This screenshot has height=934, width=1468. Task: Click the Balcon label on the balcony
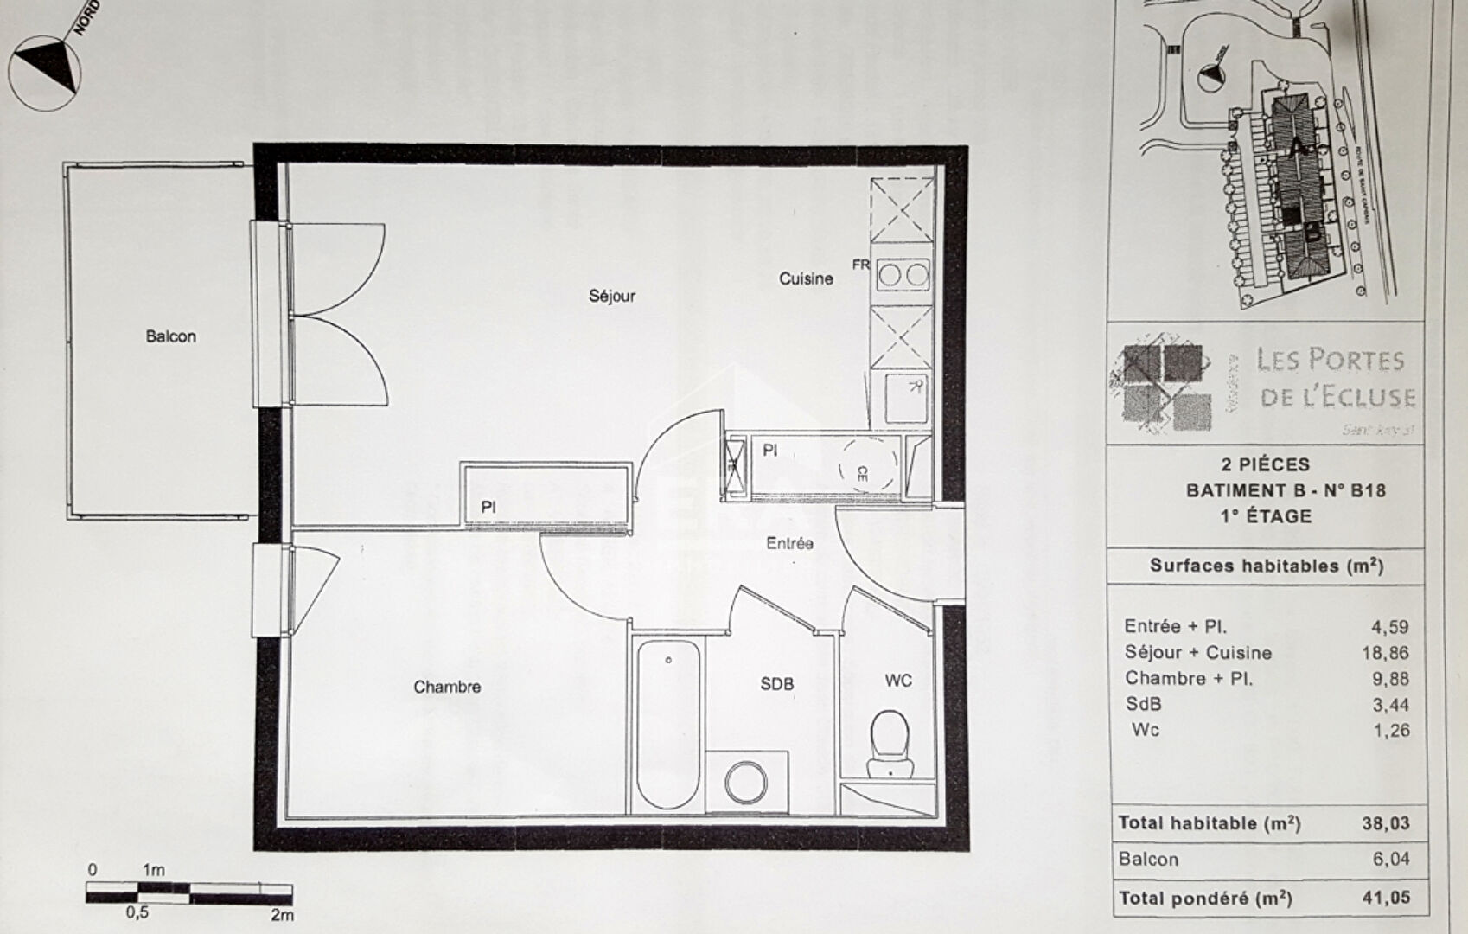[170, 336]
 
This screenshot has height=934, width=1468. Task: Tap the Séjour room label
[612, 296]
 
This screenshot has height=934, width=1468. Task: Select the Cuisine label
[806, 278]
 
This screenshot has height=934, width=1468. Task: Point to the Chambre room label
[447, 687]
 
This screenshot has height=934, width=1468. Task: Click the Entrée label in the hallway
[789, 543]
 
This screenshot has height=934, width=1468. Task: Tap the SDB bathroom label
[776, 684]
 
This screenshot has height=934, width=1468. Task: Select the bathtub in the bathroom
[668, 725]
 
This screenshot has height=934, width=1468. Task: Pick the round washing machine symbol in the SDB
[746, 783]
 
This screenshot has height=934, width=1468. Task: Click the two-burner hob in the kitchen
[903, 276]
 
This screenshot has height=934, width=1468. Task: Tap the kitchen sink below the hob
[903, 397]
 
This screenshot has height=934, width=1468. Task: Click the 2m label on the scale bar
[282, 915]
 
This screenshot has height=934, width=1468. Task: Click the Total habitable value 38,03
[1385, 823]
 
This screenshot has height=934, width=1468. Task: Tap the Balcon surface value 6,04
[1391, 859]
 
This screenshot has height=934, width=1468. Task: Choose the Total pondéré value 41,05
[1385, 898]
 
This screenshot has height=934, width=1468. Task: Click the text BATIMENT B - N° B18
[1285, 490]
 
